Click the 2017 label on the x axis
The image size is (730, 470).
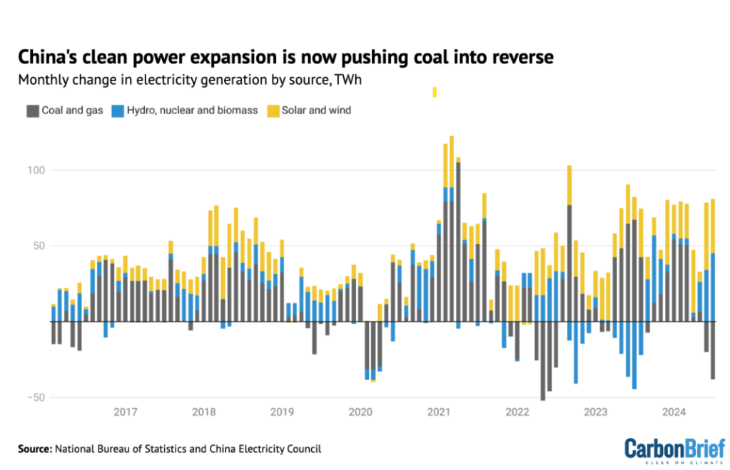(x=126, y=412)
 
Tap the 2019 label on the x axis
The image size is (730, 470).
(x=283, y=412)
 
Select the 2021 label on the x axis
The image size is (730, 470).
(x=438, y=412)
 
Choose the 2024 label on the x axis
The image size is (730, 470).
(x=674, y=412)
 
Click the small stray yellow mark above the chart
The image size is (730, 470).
(x=434, y=91)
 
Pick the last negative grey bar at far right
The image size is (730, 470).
(x=713, y=350)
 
